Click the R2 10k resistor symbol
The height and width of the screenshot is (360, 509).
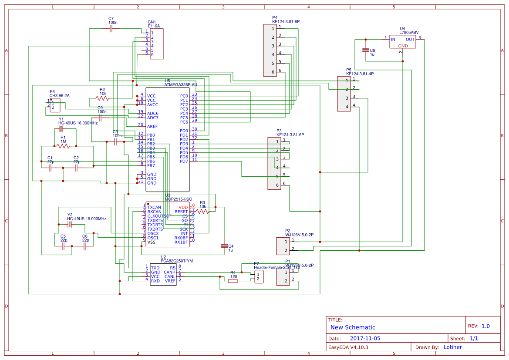point(103,98)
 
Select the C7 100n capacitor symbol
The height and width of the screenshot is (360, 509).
point(111,28)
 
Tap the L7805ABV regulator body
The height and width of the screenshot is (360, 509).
point(402,42)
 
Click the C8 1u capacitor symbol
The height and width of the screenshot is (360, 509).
point(366,50)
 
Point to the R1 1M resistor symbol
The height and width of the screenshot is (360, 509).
point(63,146)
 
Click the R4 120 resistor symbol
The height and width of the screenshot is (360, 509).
point(233,281)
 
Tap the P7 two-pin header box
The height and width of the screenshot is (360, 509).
point(259,276)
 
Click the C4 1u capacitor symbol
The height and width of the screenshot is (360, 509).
point(224,246)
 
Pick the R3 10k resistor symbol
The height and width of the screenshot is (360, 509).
point(202,211)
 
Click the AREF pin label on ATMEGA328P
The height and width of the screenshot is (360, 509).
point(152,126)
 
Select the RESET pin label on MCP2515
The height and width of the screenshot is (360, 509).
point(181,212)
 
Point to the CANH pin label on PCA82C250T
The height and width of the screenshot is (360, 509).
point(169,272)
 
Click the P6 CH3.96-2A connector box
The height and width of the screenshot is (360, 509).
point(55,104)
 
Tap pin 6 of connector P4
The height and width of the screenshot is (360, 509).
point(273,72)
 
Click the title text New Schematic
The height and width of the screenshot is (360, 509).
point(353,327)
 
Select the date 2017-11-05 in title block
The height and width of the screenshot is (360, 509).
point(365,338)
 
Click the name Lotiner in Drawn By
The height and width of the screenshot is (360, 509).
point(452,347)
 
